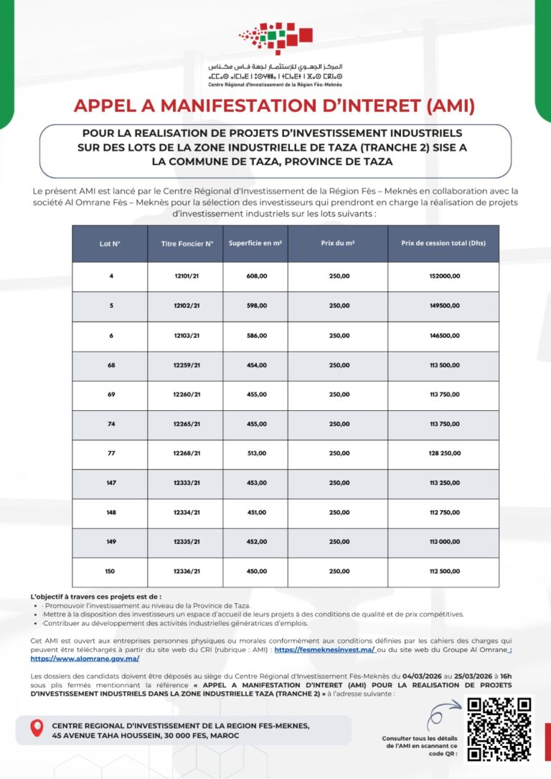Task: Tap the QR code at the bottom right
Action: pos(499,728)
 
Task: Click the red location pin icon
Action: pos(37,728)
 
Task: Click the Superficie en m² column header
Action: pos(255,243)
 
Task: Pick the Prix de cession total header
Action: pos(443,243)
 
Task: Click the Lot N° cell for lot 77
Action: pos(111,453)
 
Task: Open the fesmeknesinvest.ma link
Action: pos(324,650)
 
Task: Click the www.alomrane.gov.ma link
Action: pos(85,658)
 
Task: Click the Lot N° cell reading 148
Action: pos(111,513)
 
